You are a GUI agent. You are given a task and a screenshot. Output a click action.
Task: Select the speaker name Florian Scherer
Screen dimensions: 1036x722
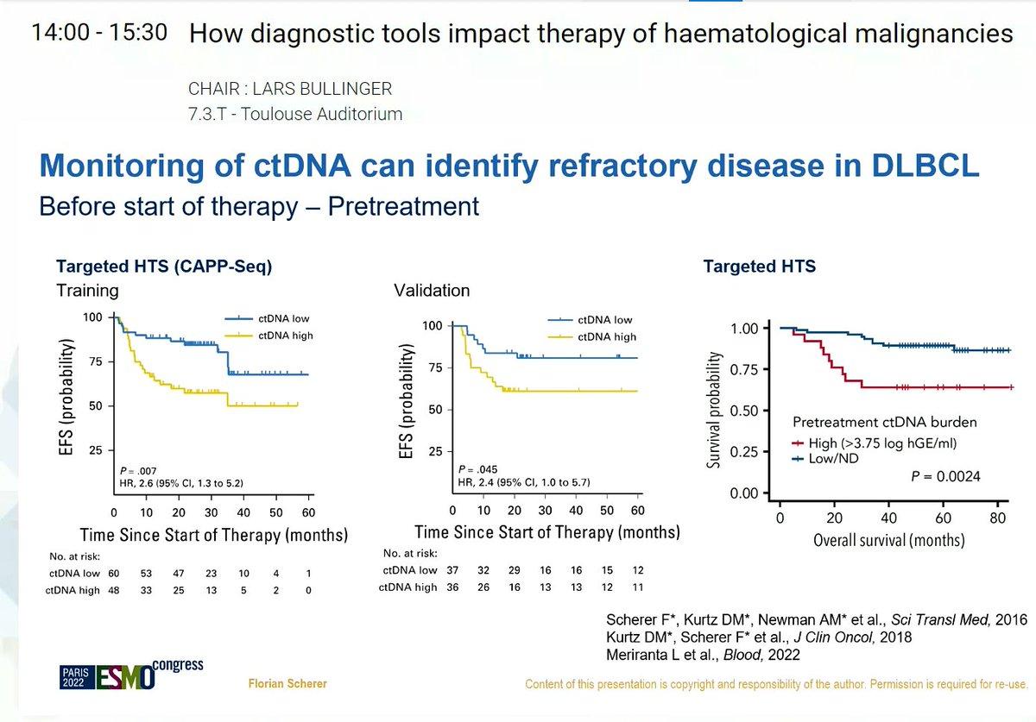click(x=287, y=684)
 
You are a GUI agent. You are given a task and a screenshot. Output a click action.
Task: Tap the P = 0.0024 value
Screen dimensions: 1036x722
click(x=945, y=476)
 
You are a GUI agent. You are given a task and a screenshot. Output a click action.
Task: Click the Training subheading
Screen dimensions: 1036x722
click(x=87, y=291)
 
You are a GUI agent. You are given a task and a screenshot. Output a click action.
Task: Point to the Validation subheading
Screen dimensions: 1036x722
click(x=432, y=291)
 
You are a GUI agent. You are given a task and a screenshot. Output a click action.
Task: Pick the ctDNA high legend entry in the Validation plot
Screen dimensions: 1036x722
click(x=592, y=337)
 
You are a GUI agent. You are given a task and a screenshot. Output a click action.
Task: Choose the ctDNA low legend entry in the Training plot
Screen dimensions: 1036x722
click(x=268, y=318)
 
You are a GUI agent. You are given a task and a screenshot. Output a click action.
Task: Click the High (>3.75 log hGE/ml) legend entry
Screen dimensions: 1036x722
click(x=874, y=443)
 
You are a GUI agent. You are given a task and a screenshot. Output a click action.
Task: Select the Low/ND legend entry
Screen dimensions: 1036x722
click(x=825, y=459)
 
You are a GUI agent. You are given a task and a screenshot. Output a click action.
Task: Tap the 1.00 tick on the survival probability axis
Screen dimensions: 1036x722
click(x=744, y=329)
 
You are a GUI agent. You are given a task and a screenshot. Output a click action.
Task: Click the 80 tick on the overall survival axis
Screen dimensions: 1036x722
click(x=998, y=518)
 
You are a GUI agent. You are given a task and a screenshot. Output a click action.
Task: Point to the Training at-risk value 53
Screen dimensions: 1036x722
click(x=146, y=574)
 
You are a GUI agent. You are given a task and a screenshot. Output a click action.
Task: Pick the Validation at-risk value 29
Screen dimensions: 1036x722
click(x=515, y=570)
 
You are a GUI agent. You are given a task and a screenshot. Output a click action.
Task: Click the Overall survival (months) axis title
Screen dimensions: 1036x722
click(x=889, y=540)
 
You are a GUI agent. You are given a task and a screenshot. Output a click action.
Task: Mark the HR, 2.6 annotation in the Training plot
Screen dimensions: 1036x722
click(x=181, y=484)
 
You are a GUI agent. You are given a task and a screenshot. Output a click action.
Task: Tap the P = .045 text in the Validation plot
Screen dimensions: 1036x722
click(x=477, y=469)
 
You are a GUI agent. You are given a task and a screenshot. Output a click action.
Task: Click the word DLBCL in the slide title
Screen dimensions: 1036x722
click(x=925, y=166)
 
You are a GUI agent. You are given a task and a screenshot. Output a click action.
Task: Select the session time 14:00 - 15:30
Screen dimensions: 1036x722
click(x=99, y=33)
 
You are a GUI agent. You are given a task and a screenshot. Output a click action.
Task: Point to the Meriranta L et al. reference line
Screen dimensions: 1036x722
click(x=703, y=655)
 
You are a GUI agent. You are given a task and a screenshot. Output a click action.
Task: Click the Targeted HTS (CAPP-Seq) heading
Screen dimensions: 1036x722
click(x=164, y=267)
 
